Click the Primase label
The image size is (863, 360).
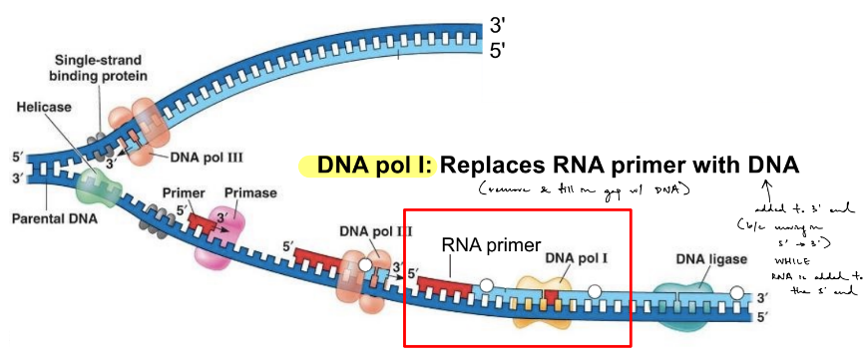(241, 192)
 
